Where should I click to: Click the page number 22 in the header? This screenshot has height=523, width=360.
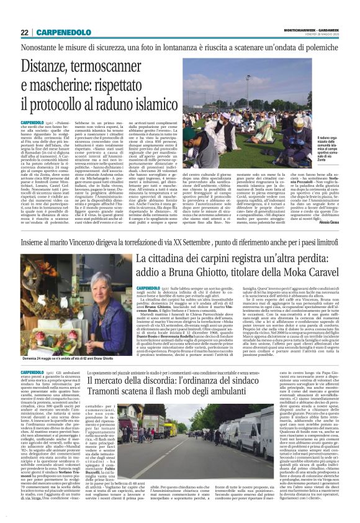24,32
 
